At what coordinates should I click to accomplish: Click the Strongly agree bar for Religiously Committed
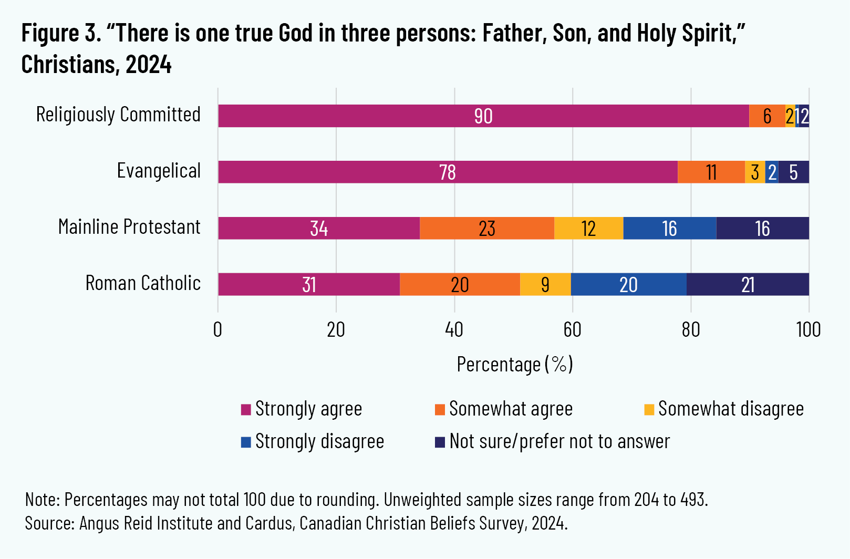pyautogui.click(x=483, y=116)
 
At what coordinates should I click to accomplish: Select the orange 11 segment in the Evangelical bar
pyautogui.click(x=711, y=172)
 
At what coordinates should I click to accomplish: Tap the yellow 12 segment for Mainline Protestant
pyautogui.click(x=588, y=229)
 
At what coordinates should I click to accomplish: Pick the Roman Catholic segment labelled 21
pyautogui.click(x=748, y=285)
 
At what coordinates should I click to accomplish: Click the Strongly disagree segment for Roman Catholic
pyautogui.click(x=628, y=285)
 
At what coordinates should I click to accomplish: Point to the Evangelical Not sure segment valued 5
pyautogui.click(x=793, y=172)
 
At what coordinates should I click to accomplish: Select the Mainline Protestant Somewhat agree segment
pyautogui.click(x=486, y=229)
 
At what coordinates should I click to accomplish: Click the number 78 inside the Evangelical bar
pyautogui.click(x=448, y=172)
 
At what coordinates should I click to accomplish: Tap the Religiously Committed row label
pyautogui.click(x=118, y=115)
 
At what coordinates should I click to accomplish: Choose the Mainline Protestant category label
pyautogui.click(x=129, y=227)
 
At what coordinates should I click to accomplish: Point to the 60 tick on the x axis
pyautogui.click(x=572, y=330)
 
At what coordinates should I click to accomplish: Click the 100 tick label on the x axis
pyautogui.click(x=808, y=330)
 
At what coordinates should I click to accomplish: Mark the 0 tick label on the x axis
pyautogui.click(x=218, y=330)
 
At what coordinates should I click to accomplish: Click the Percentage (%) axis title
pyautogui.click(x=514, y=364)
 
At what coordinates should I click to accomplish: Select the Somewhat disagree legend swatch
pyautogui.click(x=649, y=409)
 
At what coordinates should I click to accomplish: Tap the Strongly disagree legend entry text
pyautogui.click(x=319, y=441)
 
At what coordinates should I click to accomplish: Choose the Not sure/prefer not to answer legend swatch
pyautogui.click(x=440, y=442)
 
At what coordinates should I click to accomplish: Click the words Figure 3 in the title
pyautogui.click(x=60, y=34)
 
